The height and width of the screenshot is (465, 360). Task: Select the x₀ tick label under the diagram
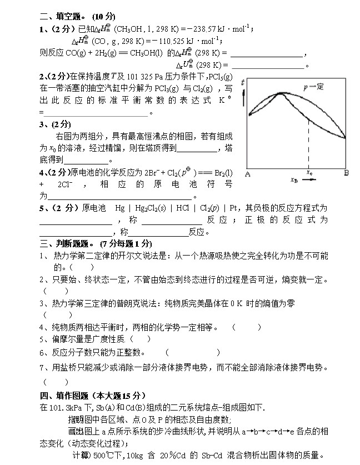[x=309, y=172]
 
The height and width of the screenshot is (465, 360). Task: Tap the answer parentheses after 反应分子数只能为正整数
[x=192, y=352]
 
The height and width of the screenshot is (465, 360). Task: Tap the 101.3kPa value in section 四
[x=68, y=407]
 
